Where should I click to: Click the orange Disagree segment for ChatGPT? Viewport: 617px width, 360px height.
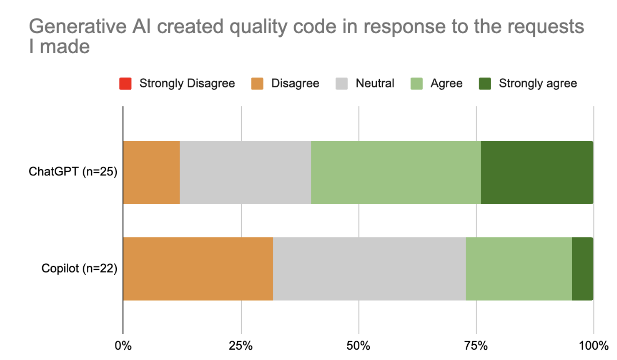coord(152,172)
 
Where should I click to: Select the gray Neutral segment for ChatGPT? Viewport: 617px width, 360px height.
coord(245,172)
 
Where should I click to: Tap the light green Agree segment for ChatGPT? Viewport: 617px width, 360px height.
coord(396,172)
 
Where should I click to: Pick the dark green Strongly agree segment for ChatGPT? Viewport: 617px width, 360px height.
coord(537,172)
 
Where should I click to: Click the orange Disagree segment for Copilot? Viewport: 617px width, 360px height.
coord(198,269)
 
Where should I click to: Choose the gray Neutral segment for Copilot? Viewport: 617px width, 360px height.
coord(369,269)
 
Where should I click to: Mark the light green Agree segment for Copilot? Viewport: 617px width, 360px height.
coord(519,269)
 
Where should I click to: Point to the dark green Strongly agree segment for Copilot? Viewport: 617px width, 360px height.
coord(582,269)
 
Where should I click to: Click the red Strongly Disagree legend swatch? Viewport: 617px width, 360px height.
coord(125,83)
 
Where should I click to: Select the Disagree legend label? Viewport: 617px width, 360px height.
coord(295,83)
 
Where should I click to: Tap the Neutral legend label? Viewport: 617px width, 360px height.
coord(375,83)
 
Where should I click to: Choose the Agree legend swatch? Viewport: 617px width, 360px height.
coord(416,83)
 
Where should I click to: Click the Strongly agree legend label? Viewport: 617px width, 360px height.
coord(538,83)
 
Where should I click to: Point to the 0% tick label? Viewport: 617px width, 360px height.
coord(123,345)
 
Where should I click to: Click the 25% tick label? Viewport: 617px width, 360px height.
coord(241,345)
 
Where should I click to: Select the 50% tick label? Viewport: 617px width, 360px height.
coord(358,345)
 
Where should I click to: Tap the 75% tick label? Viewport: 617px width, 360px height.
coord(476,345)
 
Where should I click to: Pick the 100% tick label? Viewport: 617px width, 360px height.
coord(593,345)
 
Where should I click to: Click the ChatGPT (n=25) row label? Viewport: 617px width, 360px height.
coord(73,171)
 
